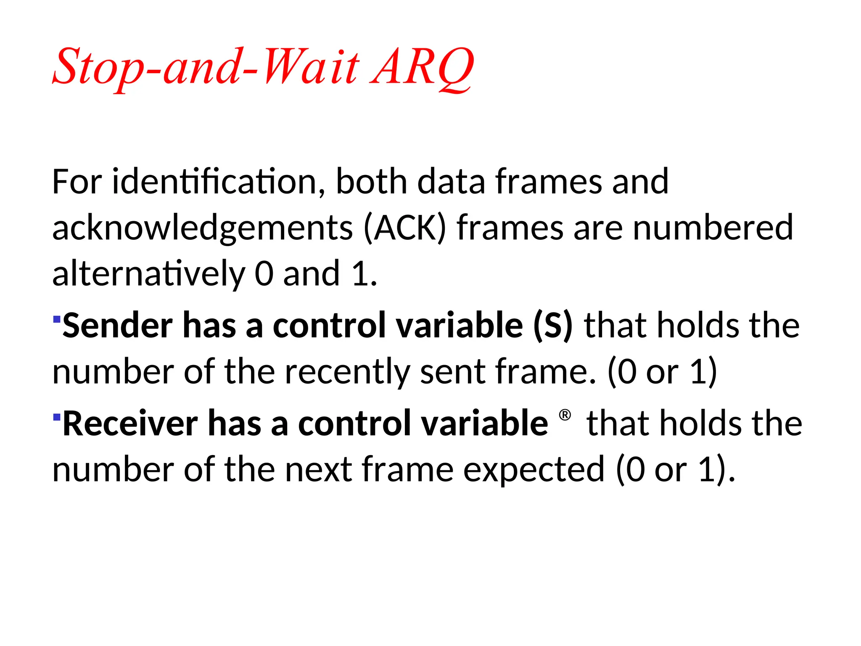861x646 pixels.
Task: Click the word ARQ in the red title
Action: [422, 67]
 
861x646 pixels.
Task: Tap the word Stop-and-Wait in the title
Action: [206, 67]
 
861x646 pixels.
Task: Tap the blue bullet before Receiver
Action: [57, 417]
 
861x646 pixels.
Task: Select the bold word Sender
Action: [117, 326]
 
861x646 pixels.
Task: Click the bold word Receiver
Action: [130, 424]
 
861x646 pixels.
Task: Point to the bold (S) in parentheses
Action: [552, 326]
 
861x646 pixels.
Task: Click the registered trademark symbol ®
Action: [565, 416]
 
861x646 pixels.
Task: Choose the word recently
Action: [347, 372]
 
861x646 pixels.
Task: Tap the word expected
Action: [534, 469]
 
